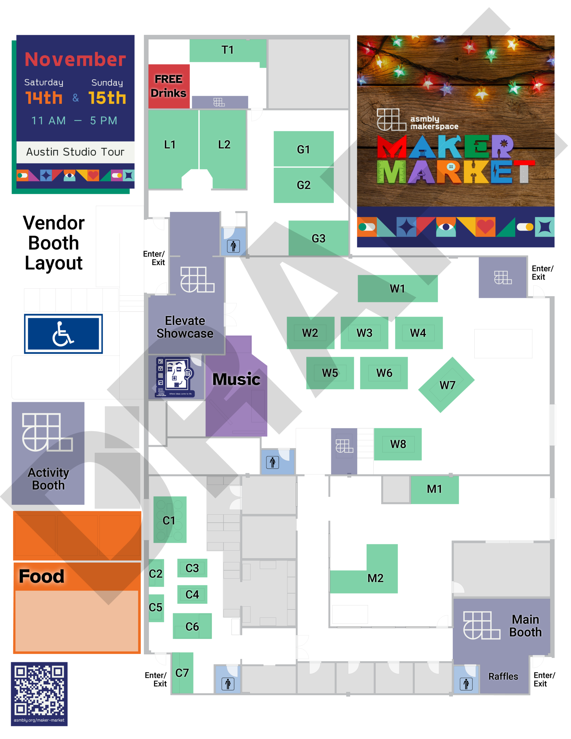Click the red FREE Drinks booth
click(169, 86)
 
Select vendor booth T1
click(227, 51)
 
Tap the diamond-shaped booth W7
click(447, 385)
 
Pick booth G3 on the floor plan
click(318, 238)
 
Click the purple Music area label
click(236, 379)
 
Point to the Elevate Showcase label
click(185, 327)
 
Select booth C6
click(192, 626)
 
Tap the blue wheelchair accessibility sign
click(63, 334)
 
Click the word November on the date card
click(75, 59)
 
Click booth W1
click(398, 288)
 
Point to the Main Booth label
click(525, 626)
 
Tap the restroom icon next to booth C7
click(228, 684)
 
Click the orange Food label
click(41, 576)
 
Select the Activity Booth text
click(48, 479)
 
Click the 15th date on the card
click(107, 98)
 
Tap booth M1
click(434, 490)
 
